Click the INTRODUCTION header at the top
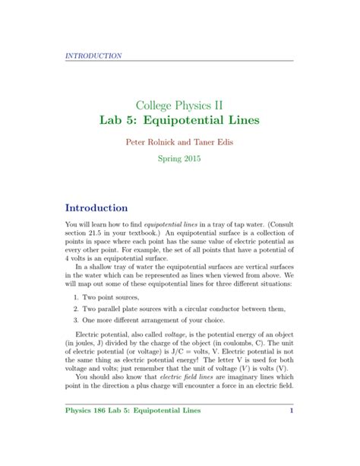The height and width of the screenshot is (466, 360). point(93,55)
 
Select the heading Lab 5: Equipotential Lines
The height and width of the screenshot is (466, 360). point(179,121)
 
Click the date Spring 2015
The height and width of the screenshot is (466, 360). point(179,163)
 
